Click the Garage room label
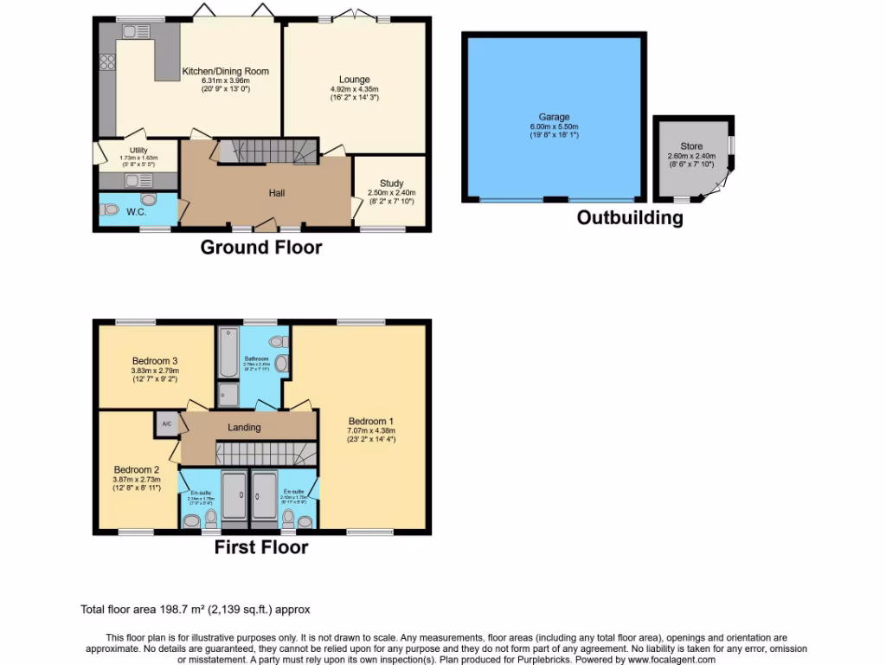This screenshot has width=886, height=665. (555, 117)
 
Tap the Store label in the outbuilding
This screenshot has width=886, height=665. (691, 146)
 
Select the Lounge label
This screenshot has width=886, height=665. (354, 80)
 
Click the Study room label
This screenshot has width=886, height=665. (391, 183)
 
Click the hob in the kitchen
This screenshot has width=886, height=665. (108, 61)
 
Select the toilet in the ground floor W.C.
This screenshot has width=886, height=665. (110, 209)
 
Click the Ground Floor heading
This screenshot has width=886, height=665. (261, 248)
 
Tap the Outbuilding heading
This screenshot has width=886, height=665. (630, 218)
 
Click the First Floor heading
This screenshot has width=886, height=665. (261, 546)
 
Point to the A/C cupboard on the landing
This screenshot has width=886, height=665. (166, 424)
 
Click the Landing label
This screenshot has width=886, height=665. (244, 427)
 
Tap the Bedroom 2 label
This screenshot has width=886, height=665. (137, 470)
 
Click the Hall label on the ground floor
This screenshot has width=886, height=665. (276, 193)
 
